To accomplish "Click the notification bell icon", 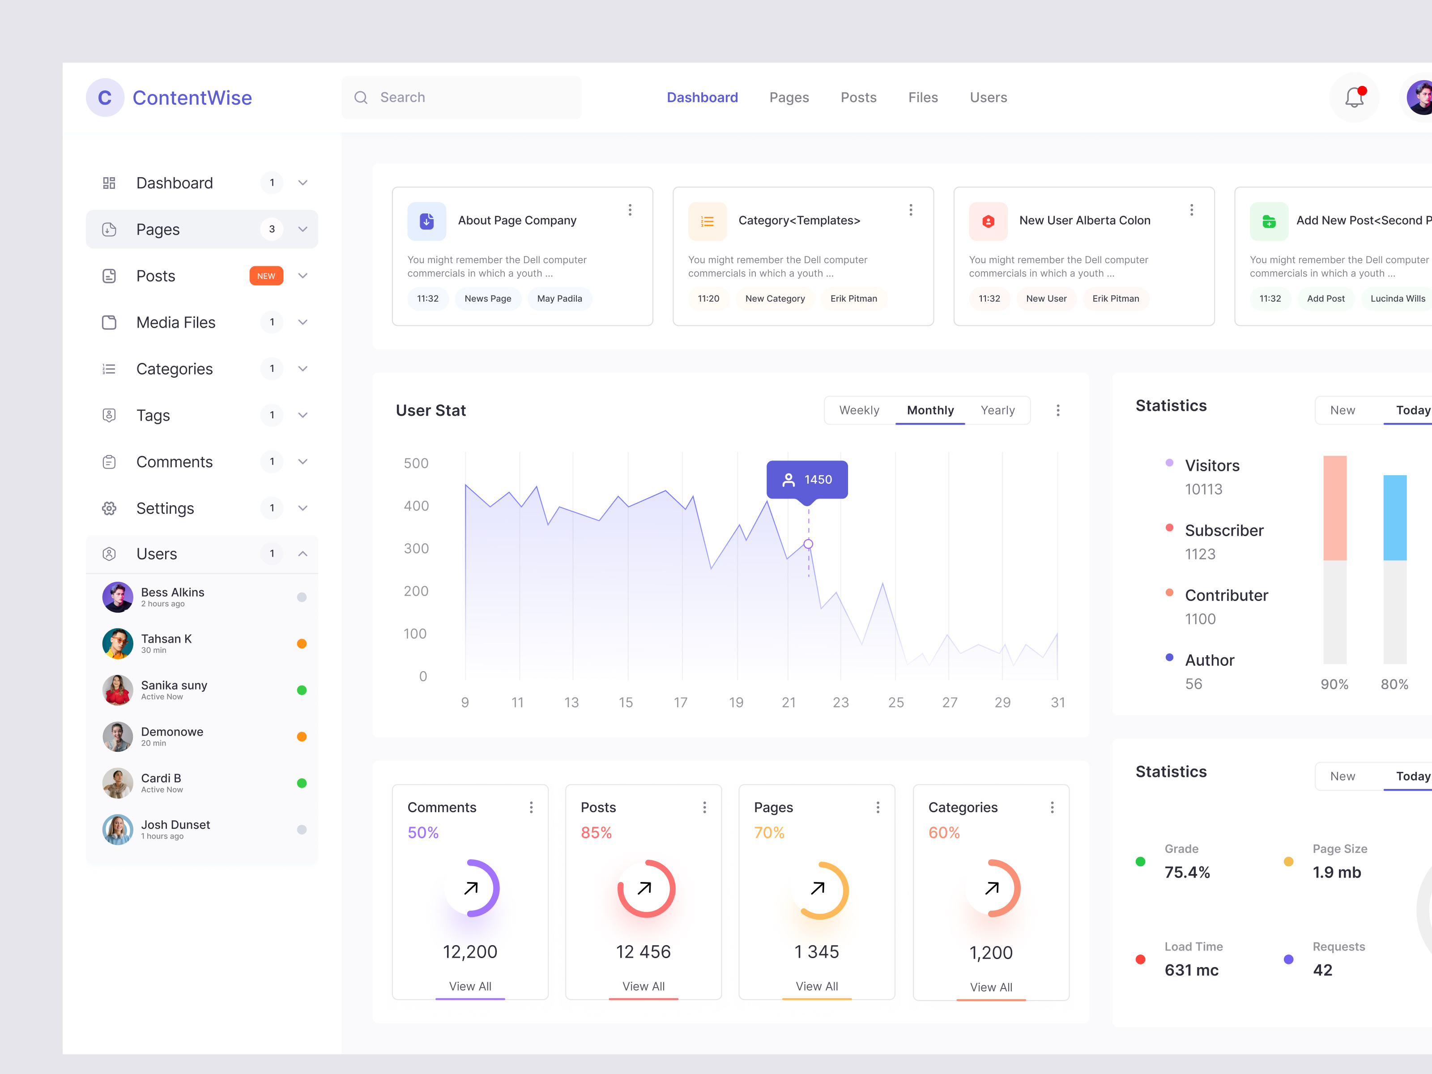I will click(1354, 98).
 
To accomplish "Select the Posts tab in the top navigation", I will click(858, 98).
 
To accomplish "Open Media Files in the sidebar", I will click(175, 322).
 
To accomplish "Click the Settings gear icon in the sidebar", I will click(109, 508).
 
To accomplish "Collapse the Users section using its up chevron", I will click(303, 554).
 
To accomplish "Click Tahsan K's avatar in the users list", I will click(118, 644).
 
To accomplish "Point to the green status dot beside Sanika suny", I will click(302, 690).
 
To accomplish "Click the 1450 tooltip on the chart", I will click(807, 480).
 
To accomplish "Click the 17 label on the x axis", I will click(680, 703).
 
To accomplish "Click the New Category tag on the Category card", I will click(775, 298).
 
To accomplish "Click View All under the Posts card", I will click(643, 986).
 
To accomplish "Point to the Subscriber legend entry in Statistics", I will click(1223, 531).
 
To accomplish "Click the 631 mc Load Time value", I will click(1191, 970).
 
